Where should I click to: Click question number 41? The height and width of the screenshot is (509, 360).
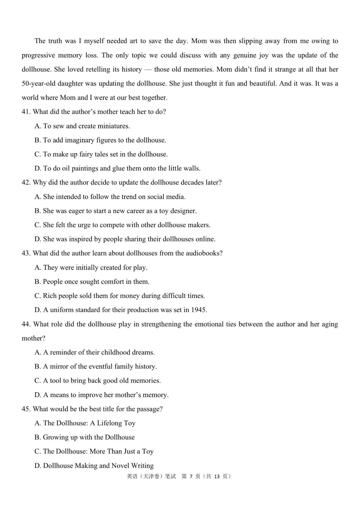(x=26, y=112)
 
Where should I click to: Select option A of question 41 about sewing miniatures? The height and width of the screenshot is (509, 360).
(x=82, y=126)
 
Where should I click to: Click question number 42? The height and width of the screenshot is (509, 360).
(x=26, y=182)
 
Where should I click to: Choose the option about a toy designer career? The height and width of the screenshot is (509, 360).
(x=116, y=211)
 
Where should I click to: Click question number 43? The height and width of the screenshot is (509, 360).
(x=26, y=253)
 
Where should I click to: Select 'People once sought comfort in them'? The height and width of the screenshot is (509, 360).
(x=92, y=282)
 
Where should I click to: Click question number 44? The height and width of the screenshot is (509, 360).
(x=26, y=324)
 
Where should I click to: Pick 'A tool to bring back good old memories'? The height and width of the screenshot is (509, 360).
(x=98, y=381)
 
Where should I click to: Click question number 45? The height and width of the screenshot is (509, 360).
(x=26, y=409)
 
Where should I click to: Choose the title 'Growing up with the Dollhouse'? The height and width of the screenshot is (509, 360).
(x=85, y=437)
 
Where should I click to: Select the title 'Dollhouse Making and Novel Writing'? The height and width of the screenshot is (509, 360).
(x=94, y=466)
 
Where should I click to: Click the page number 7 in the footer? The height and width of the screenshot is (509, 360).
(x=191, y=476)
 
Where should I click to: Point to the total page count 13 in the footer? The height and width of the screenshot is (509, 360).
(x=217, y=476)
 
